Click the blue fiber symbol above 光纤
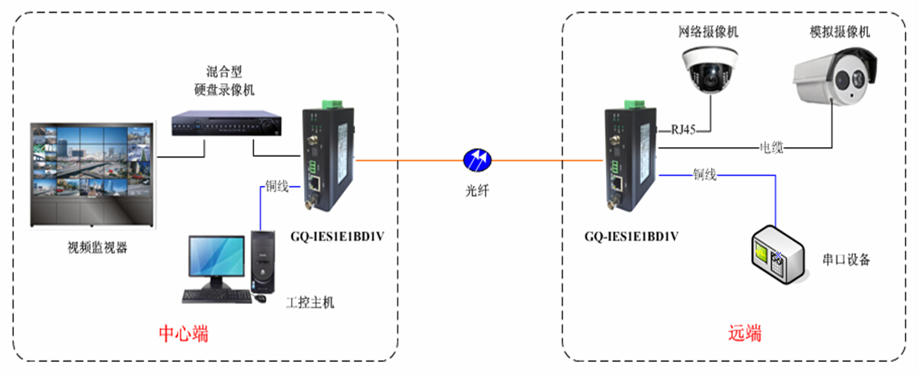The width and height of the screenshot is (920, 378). pyautogui.click(x=478, y=160)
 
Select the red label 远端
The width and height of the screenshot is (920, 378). pyautogui.click(x=745, y=334)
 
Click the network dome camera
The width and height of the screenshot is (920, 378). pyautogui.click(x=709, y=69)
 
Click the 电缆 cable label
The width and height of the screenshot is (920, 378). pyautogui.click(x=771, y=146)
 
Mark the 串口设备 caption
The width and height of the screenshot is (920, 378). pyautogui.click(x=847, y=260)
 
